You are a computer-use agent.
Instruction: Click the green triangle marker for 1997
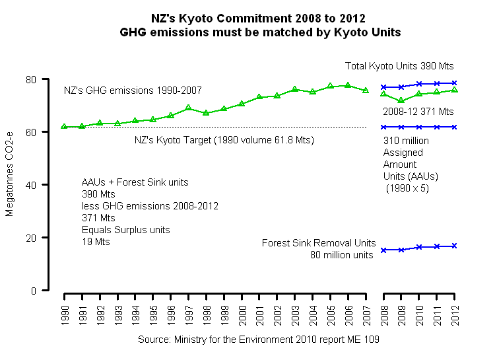pos(189,108)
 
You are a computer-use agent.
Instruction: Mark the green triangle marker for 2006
pos(348,85)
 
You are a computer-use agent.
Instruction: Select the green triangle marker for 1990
pos(64,126)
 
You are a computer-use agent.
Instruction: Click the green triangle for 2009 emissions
pos(401,100)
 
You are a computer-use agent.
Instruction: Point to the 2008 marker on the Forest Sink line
pos(383,250)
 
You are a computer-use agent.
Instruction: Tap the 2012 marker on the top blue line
pos(455,83)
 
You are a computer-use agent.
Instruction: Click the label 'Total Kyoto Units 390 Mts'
pos(399,66)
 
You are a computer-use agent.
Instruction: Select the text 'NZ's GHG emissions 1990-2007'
pos(133,90)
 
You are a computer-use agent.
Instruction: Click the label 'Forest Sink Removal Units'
pos(319,242)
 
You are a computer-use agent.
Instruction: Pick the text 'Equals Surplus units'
pos(125,230)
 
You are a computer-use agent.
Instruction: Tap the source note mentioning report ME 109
pos(258,339)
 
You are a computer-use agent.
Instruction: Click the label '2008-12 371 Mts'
pos(418,111)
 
